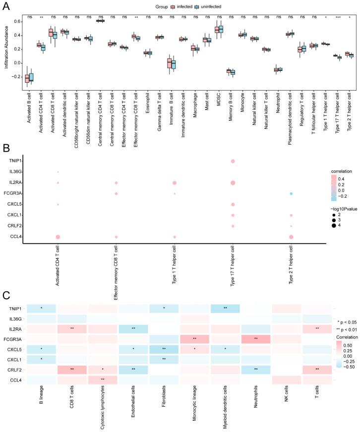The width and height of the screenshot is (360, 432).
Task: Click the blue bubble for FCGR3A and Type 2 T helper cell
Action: click(x=291, y=193)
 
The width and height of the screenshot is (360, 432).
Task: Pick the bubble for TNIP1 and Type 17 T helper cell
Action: click(x=233, y=162)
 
